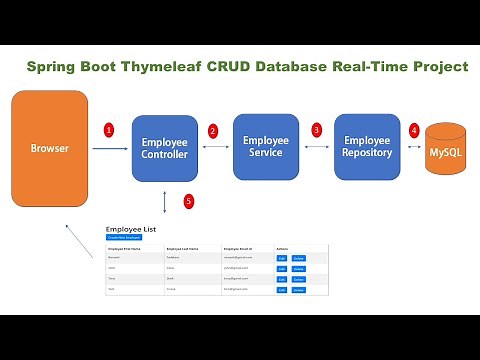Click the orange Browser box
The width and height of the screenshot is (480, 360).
49,149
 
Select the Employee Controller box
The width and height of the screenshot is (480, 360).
165,149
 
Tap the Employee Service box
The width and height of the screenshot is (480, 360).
266,146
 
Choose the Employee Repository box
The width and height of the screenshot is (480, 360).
367,146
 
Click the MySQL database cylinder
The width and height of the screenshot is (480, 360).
446,150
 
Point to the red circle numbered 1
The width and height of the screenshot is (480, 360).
110,130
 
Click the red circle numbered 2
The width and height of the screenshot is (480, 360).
212,130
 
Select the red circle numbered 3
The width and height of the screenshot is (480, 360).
316,130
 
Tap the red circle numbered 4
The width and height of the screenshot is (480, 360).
414,130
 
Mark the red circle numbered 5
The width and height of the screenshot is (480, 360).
188,201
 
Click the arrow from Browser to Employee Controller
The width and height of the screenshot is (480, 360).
110,149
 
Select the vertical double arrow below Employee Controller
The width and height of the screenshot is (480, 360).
164,199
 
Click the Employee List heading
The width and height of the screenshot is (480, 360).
130,229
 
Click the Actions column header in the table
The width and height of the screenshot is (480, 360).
283,247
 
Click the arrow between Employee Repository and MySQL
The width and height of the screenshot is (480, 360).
414,147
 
